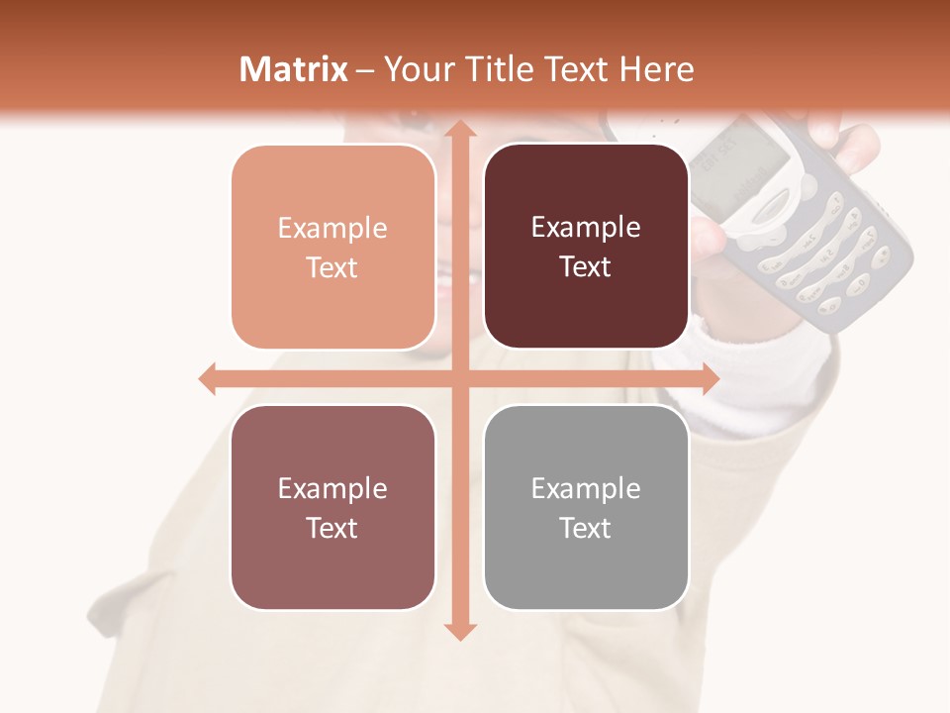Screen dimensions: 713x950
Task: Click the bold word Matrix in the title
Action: coord(293,69)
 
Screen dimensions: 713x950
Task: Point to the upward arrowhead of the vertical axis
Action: coord(459,130)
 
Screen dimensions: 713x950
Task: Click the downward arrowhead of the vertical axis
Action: coord(459,631)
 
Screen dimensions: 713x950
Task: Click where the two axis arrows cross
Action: coord(459,379)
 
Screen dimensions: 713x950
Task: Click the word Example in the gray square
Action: coord(586,488)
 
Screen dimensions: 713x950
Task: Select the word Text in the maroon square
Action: coord(586,267)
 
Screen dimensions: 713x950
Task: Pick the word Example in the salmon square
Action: coord(332,229)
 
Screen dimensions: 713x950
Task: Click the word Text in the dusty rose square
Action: coord(332,528)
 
